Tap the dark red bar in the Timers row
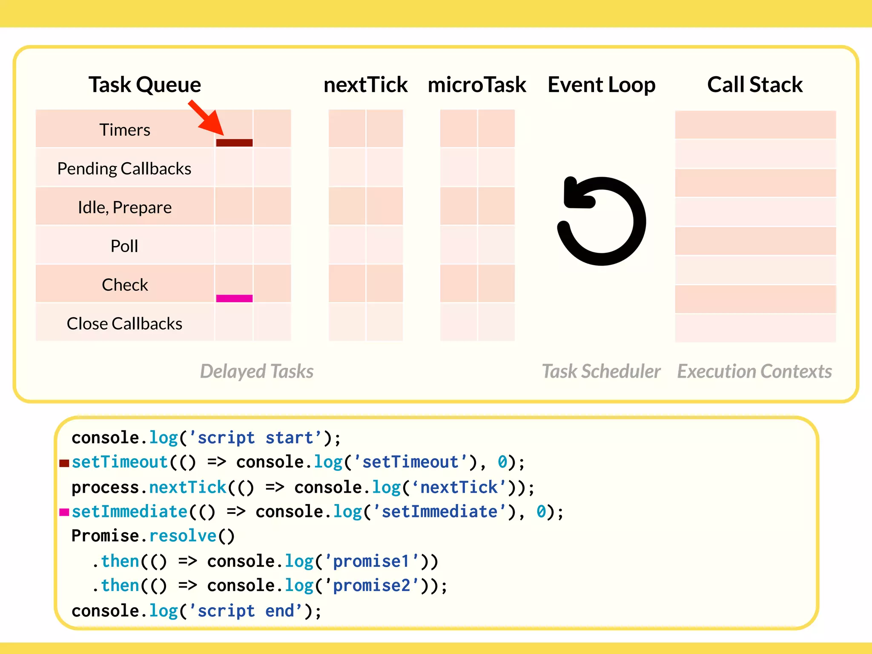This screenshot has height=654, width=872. pyautogui.click(x=234, y=143)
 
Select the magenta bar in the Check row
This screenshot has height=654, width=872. pyautogui.click(x=234, y=298)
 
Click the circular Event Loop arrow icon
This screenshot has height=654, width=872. pyautogui.click(x=602, y=221)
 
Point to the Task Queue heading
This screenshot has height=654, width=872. pyautogui.click(x=145, y=84)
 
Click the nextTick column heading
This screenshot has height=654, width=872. pyautogui.click(x=365, y=84)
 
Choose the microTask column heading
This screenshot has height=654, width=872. pyautogui.click(x=477, y=84)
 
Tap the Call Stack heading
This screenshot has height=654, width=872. pyautogui.click(x=755, y=84)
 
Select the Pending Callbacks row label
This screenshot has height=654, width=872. pyautogui.click(x=124, y=169)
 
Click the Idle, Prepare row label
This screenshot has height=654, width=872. pyautogui.click(x=125, y=207)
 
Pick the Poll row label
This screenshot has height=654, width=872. pyautogui.click(x=124, y=246)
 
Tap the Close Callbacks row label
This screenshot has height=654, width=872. pyautogui.click(x=124, y=324)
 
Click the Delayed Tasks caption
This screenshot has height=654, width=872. pyautogui.click(x=257, y=371)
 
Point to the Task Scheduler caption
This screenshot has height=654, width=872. pyautogui.click(x=601, y=371)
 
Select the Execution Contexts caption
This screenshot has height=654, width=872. pyautogui.click(x=754, y=371)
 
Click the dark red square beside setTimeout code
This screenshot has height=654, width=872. pyautogui.click(x=64, y=463)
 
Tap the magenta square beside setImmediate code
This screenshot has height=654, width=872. pyautogui.click(x=64, y=512)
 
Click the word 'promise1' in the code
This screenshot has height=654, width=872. pyautogui.click(x=370, y=562)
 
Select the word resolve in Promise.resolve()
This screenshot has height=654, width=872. pyautogui.click(x=183, y=536)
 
